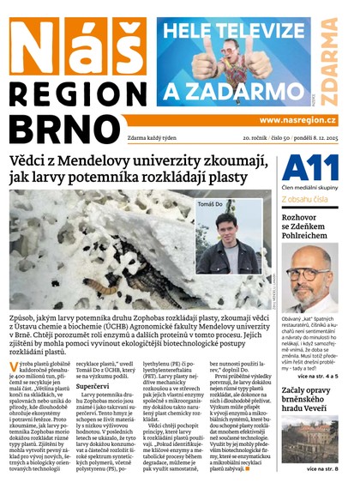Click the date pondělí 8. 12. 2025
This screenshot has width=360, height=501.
[316, 137]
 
